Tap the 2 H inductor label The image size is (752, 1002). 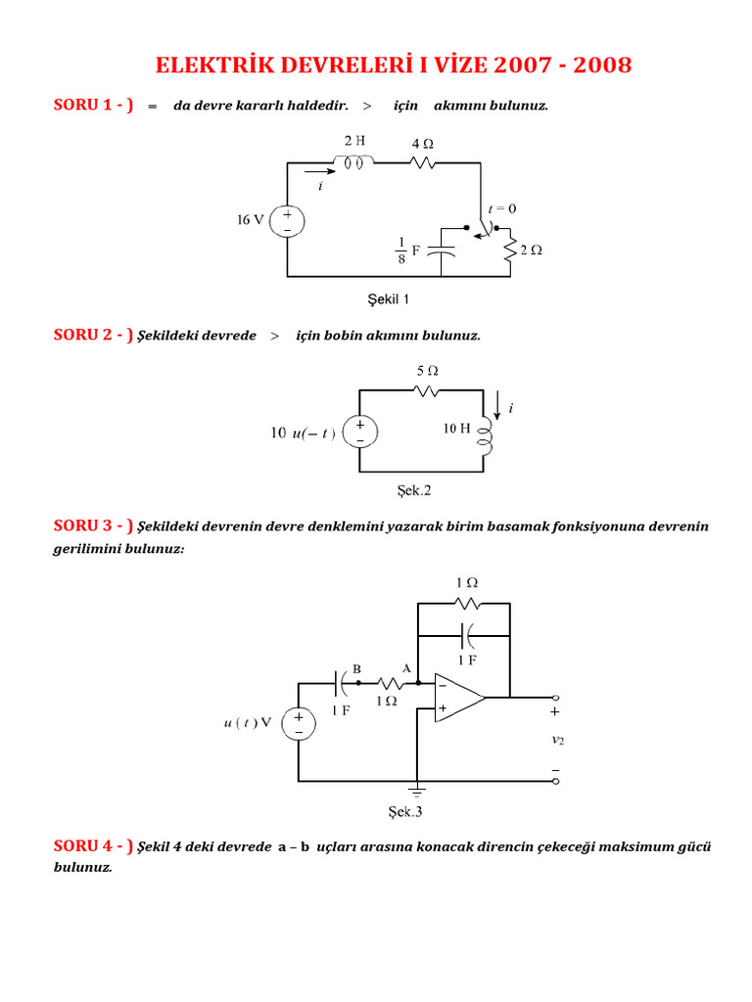coord(353,140)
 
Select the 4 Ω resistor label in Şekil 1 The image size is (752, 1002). coord(422,143)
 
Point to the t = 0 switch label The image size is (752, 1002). coord(503,208)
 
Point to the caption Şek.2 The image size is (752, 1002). coord(414,491)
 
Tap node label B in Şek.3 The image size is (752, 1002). coord(357,668)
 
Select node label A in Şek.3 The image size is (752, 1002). coord(406,668)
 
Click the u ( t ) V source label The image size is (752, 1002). coord(247,724)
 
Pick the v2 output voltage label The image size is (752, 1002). coord(558,741)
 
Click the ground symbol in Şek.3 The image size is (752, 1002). coord(418,789)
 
